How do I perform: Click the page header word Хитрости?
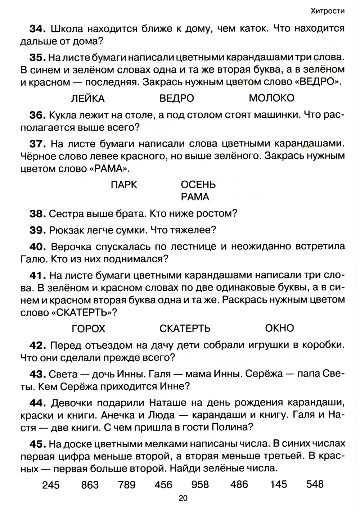[x=327, y=11]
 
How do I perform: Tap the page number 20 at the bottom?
[x=183, y=498]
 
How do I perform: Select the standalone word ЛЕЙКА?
[x=88, y=98]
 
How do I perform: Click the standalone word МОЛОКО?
[x=271, y=98]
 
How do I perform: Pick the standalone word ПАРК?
[x=124, y=185]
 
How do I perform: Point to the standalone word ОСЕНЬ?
[x=198, y=185]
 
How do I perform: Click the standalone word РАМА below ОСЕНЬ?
[x=195, y=197]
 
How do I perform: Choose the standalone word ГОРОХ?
[x=89, y=329]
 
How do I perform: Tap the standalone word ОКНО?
[x=279, y=328]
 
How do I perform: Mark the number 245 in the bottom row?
[x=51, y=485]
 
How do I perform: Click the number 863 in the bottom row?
[x=90, y=485]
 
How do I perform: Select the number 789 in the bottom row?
[x=127, y=485]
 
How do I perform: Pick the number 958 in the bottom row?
[x=201, y=485]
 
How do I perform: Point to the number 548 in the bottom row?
[x=315, y=484]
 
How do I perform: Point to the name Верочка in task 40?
[x=73, y=247]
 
